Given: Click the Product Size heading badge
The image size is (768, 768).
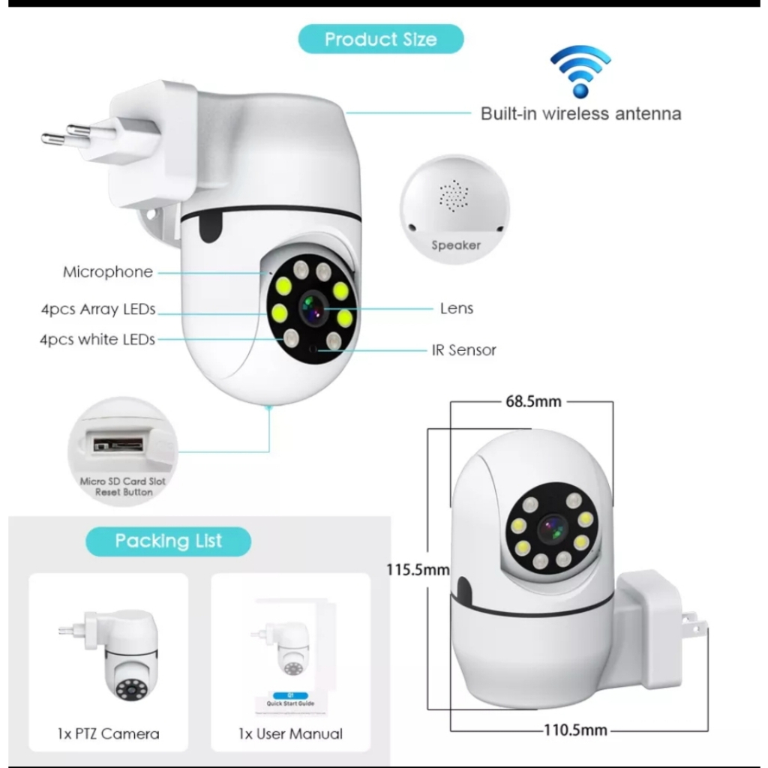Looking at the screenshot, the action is (x=380, y=39).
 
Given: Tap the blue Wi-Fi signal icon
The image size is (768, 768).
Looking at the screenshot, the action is (x=580, y=72).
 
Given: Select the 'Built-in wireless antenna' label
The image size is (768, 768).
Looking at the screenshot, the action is (x=580, y=114).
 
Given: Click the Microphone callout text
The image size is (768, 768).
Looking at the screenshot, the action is (x=108, y=271).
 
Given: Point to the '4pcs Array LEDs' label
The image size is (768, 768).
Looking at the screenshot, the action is (x=98, y=310).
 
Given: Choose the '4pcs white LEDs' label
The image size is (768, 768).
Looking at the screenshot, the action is (x=97, y=340).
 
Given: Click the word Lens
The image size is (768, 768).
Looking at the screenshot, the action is (x=457, y=308).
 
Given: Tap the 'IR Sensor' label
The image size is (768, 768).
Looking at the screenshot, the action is (x=463, y=350).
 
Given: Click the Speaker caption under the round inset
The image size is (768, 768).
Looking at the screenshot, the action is (x=455, y=245).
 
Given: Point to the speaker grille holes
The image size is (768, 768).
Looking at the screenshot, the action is (x=454, y=196).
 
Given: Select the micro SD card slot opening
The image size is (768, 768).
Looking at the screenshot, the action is (x=118, y=444).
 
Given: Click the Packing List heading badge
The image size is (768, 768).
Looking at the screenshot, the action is (x=169, y=541).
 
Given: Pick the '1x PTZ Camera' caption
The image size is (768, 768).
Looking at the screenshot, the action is (x=108, y=733).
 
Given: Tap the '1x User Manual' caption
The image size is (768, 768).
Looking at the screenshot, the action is (x=290, y=733).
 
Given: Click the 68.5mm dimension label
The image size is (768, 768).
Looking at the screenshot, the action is (x=533, y=402).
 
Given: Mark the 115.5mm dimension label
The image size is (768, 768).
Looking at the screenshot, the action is (x=418, y=570).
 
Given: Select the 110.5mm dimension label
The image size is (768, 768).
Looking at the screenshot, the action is (x=575, y=730).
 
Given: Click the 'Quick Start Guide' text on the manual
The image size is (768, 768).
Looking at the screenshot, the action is (x=290, y=703).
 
